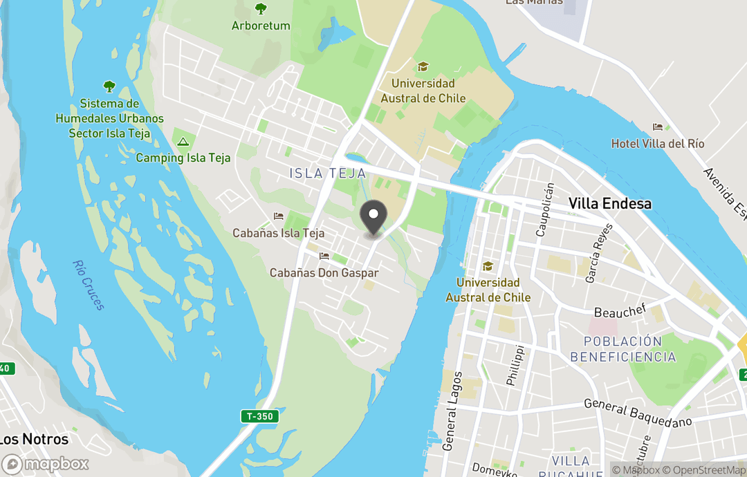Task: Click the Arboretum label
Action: [261, 26]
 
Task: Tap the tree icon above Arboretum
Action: [261, 9]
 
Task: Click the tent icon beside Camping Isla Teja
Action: [183, 142]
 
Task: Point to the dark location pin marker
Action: [373, 219]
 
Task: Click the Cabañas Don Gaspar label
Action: [324, 273]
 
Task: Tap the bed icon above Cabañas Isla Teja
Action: [279, 216]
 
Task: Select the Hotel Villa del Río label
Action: [658, 144]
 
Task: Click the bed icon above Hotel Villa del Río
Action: [658, 127]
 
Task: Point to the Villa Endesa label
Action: [609, 203]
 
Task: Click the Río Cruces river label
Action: [89, 285]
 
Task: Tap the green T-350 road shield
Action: [259, 416]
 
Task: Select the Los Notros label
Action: [35, 439]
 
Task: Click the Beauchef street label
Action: [619, 312]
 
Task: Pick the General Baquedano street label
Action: [638, 413]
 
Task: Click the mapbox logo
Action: [46, 464]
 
